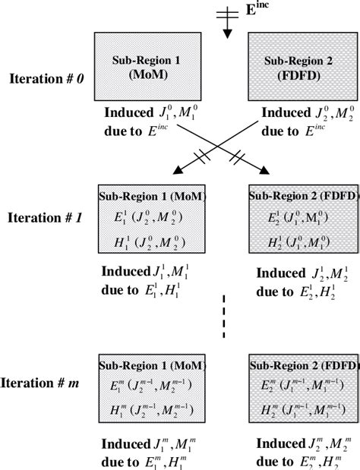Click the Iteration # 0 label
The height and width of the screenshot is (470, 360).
point(45,77)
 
